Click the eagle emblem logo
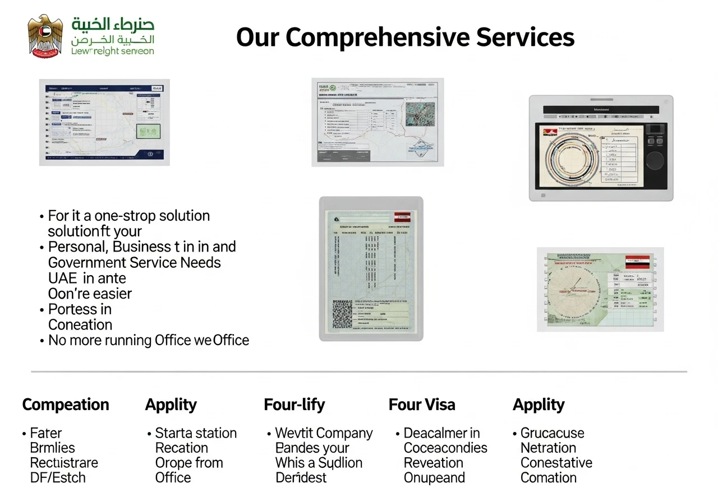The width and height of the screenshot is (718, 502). pyautogui.click(x=46, y=36)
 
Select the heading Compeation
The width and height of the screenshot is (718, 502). pyautogui.click(x=66, y=405)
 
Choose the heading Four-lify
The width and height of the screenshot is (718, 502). pyautogui.click(x=294, y=405)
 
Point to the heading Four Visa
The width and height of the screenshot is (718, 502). pyautogui.click(x=422, y=405)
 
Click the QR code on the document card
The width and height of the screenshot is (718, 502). pyautogui.click(x=342, y=314)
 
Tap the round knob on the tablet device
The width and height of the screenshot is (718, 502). pyautogui.click(x=654, y=160)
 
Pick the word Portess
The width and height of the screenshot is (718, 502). pyautogui.click(x=72, y=309)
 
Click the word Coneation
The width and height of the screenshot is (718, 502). pyautogui.click(x=80, y=325)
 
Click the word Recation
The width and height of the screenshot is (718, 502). pyautogui.click(x=181, y=448)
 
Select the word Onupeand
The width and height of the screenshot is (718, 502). pyautogui.click(x=434, y=478)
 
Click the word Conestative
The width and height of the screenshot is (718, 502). pyautogui.click(x=556, y=463)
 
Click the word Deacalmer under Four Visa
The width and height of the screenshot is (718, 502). pyautogui.click(x=435, y=433)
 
